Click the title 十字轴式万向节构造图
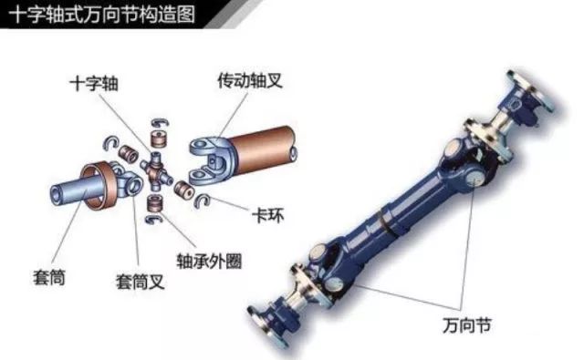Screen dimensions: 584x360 pos(101,15)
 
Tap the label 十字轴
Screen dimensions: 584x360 pos(94,83)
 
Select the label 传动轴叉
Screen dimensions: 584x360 pos(250,80)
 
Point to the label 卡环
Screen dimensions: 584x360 pos(267,215)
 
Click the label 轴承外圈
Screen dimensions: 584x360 pos(209,261)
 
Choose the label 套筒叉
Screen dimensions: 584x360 pos(140,282)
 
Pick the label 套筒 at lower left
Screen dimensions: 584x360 pos(49,277)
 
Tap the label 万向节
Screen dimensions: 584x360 pos(467,325)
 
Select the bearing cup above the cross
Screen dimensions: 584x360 pos(159,138)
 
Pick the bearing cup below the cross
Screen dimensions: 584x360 pos(155,203)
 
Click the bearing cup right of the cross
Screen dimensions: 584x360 pos(184,189)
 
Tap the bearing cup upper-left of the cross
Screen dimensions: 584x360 pos(128,153)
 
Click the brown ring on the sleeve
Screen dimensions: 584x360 pos(100,186)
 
